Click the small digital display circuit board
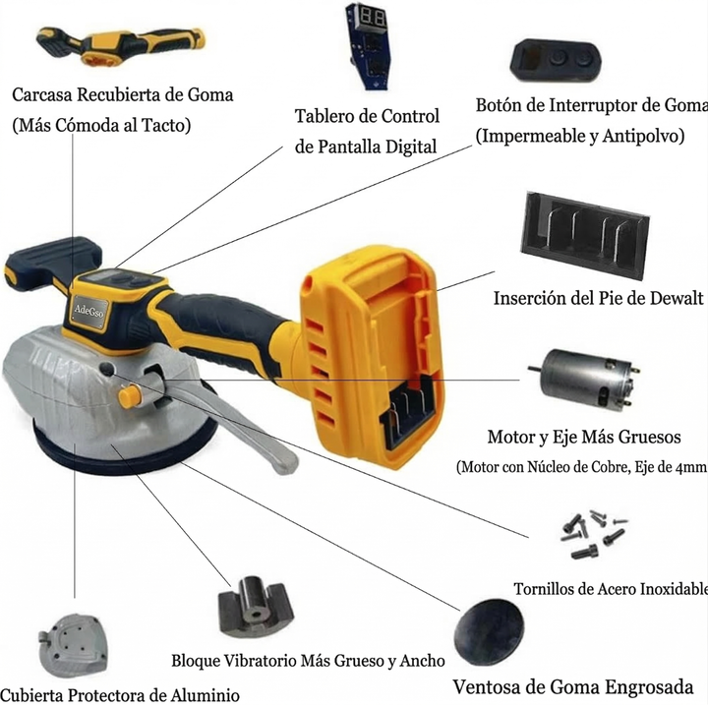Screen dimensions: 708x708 pyautogui.click(x=368, y=46)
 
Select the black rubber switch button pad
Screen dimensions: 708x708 pyautogui.click(x=556, y=61)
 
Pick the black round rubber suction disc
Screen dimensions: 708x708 pyautogui.click(x=489, y=631)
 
